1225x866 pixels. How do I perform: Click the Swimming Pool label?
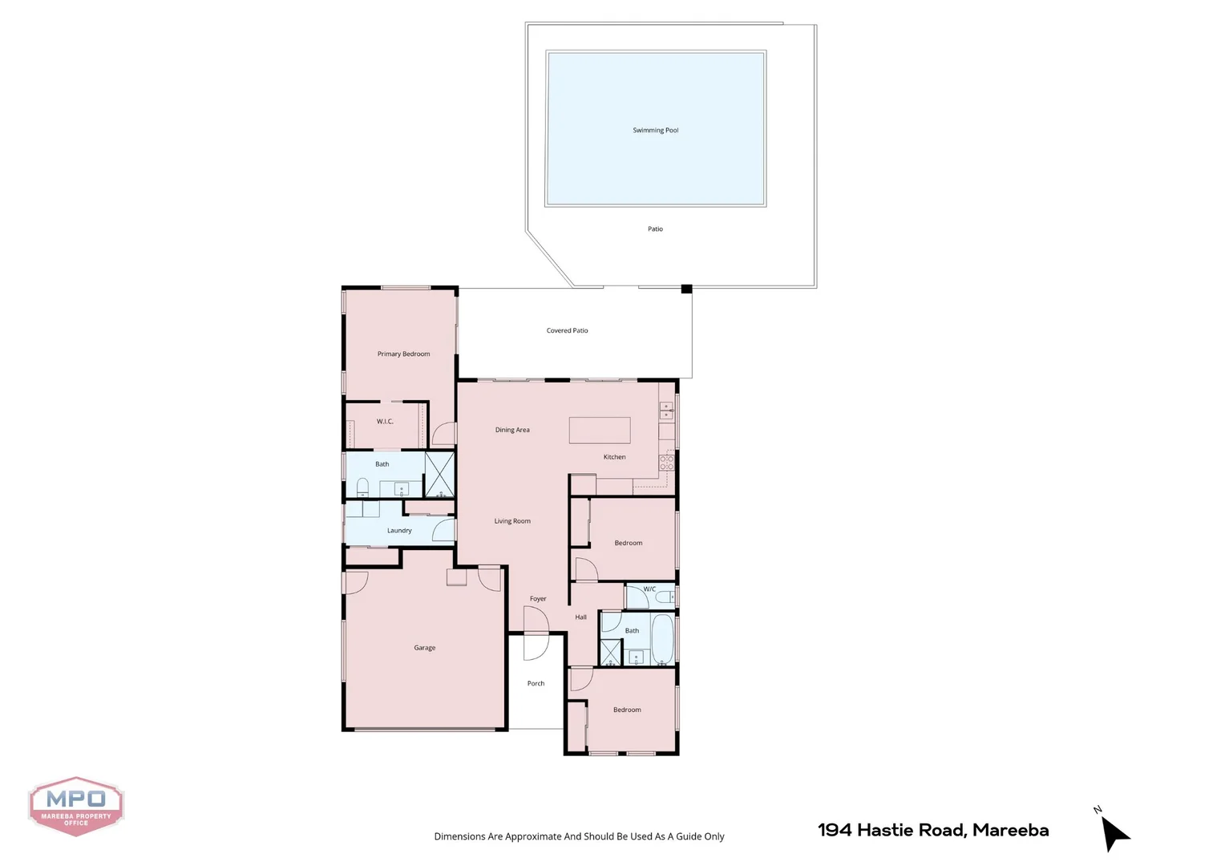click(x=655, y=130)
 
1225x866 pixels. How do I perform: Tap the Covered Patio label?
click(x=567, y=330)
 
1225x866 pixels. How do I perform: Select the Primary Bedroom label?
click(x=403, y=354)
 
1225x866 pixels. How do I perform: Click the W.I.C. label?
click(x=385, y=422)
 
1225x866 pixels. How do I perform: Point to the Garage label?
click(x=424, y=648)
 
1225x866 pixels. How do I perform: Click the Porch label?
click(x=536, y=684)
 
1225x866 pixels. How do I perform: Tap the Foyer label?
click(x=538, y=599)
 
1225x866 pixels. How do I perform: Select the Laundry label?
click(x=399, y=531)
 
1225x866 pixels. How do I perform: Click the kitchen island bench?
click(x=600, y=430)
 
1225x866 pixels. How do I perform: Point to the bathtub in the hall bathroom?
click(x=662, y=640)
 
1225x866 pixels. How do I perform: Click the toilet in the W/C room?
click(x=665, y=597)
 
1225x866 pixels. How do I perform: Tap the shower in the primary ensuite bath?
click(x=439, y=475)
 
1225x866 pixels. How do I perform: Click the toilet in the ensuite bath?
click(x=362, y=488)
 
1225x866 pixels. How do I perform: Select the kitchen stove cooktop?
click(x=666, y=463)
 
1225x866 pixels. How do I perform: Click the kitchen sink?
click(x=666, y=411)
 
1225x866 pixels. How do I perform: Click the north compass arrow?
click(x=1114, y=834)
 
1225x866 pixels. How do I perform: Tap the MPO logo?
click(x=76, y=806)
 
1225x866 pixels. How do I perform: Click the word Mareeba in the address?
click(x=1010, y=831)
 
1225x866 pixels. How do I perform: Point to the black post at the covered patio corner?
click(x=686, y=289)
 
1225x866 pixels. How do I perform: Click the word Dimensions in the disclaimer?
click(x=459, y=836)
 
